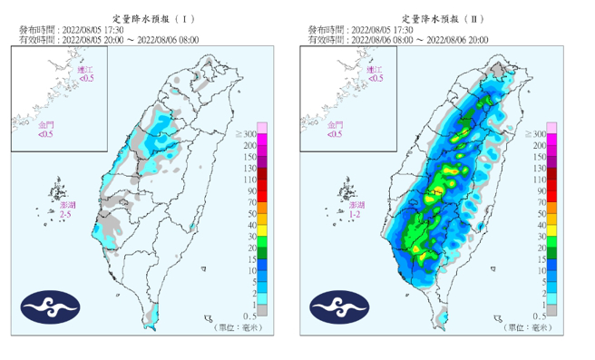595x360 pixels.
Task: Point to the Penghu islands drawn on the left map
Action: [x=60, y=193]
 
